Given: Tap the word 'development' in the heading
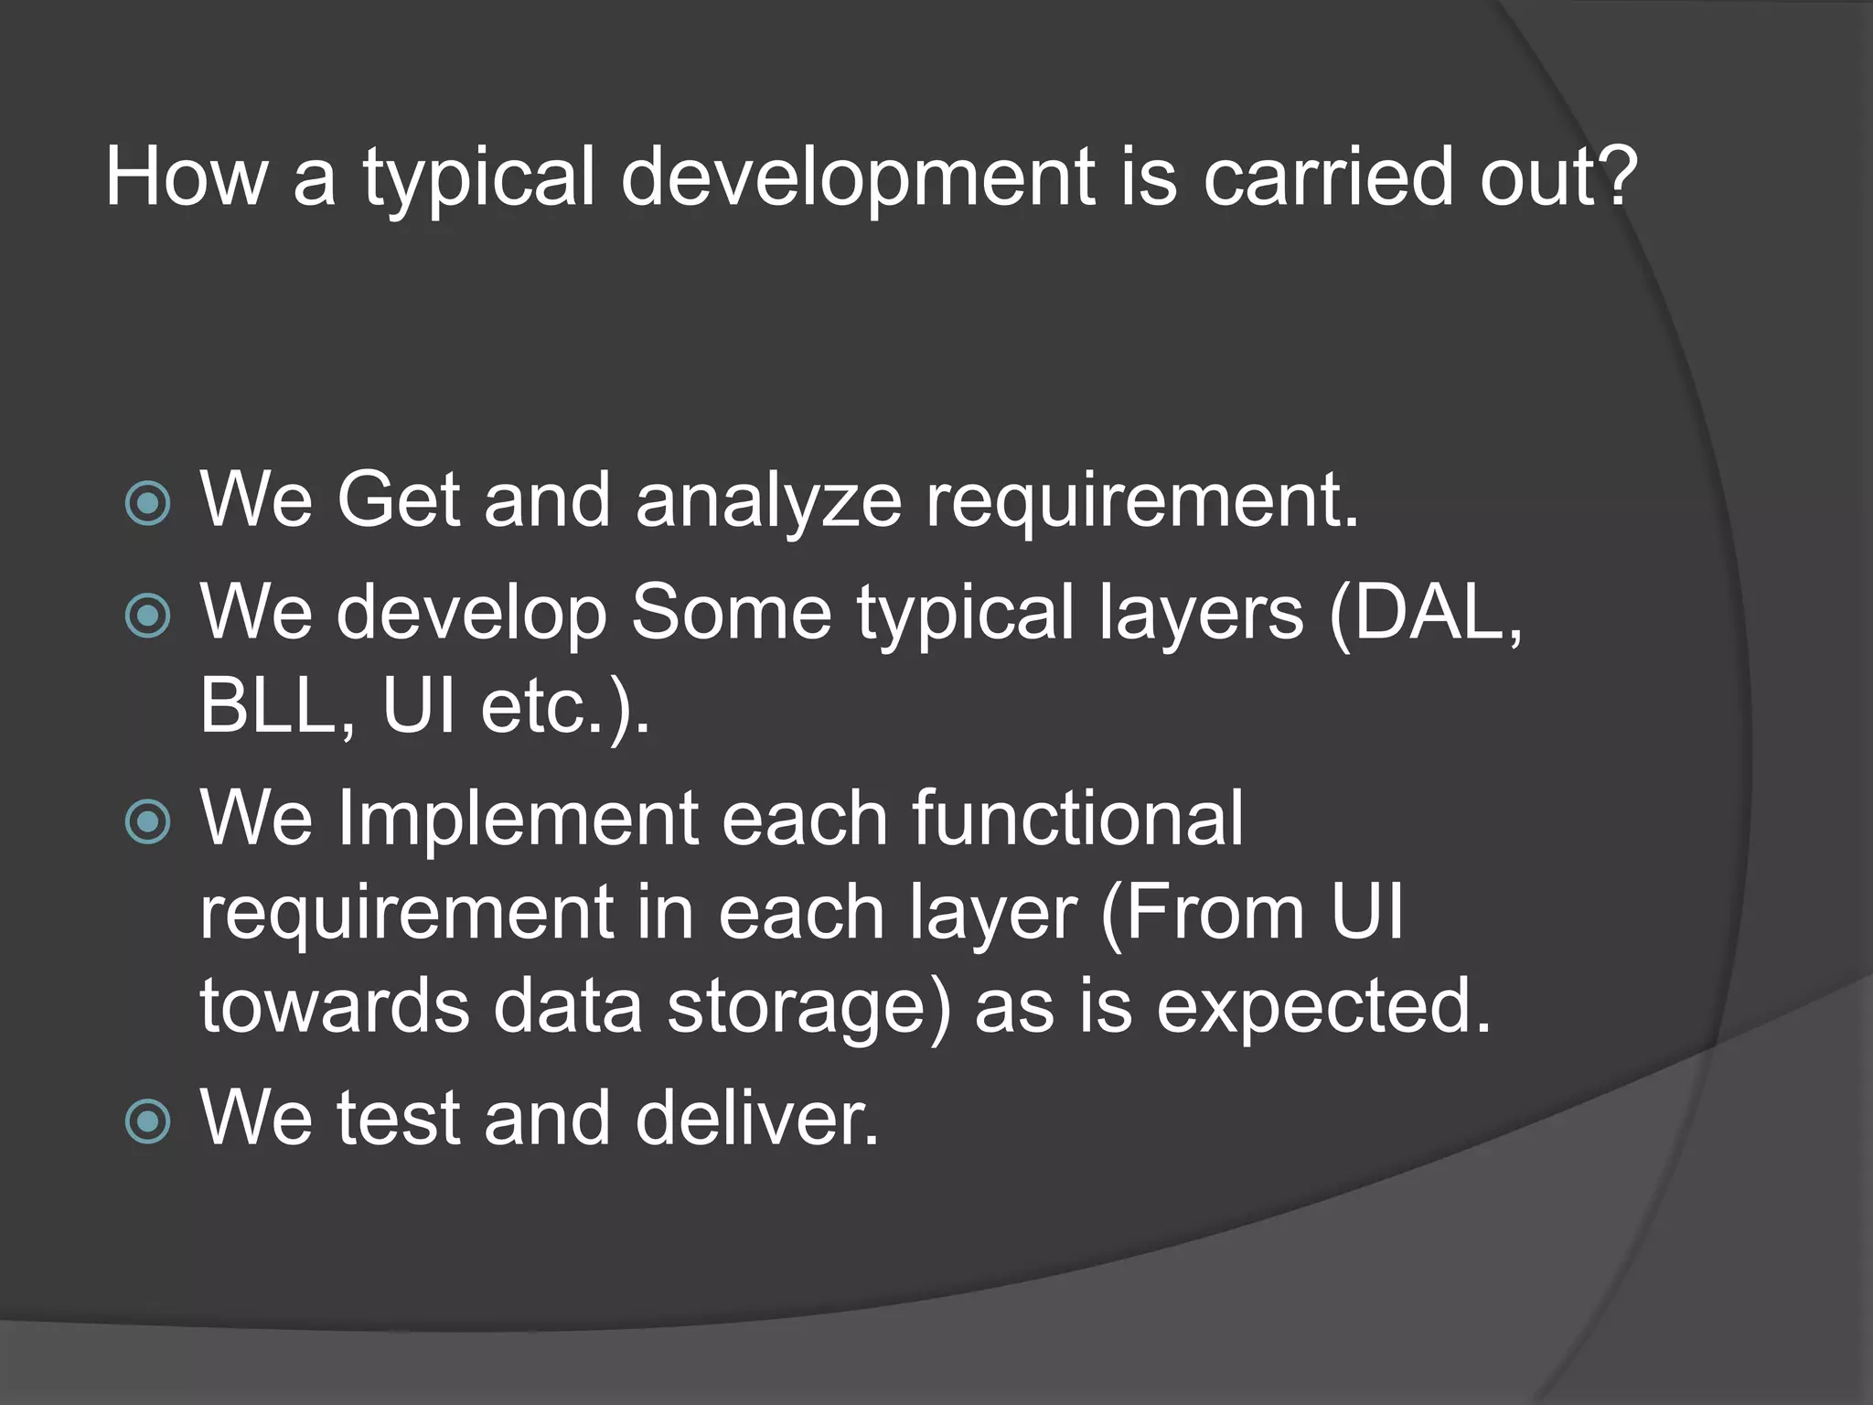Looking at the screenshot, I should [858, 178].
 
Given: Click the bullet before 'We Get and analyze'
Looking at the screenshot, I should [147, 502].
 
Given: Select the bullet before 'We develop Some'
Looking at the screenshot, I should [147, 615].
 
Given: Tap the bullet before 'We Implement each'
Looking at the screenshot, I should [147, 820].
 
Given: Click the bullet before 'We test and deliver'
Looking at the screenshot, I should [147, 1121].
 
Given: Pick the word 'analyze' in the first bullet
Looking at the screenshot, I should [768, 501].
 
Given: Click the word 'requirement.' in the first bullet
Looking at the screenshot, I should [1142, 501].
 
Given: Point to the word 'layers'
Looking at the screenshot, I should [1201, 615].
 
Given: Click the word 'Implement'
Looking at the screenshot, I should [518, 820].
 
